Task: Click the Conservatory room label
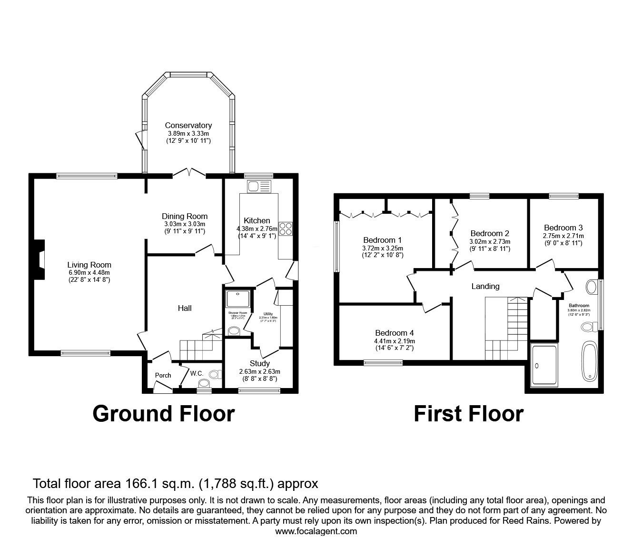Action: [x=188, y=126]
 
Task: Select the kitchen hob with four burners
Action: [x=285, y=229]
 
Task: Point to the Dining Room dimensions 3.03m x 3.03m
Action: [x=185, y=224]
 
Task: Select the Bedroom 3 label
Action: [x=563, y=228]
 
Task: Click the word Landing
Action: [x=485, y=286]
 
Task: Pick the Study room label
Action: [x=259, y=363]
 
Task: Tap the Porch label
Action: [x=163, y=375]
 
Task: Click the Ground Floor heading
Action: [x=163, y=414]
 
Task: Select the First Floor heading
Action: [x=468, y=414]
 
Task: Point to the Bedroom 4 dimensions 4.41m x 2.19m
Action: [x=395, y=341]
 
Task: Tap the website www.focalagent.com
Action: [x=316, y=531]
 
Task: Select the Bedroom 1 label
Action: [x=382, y=240]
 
